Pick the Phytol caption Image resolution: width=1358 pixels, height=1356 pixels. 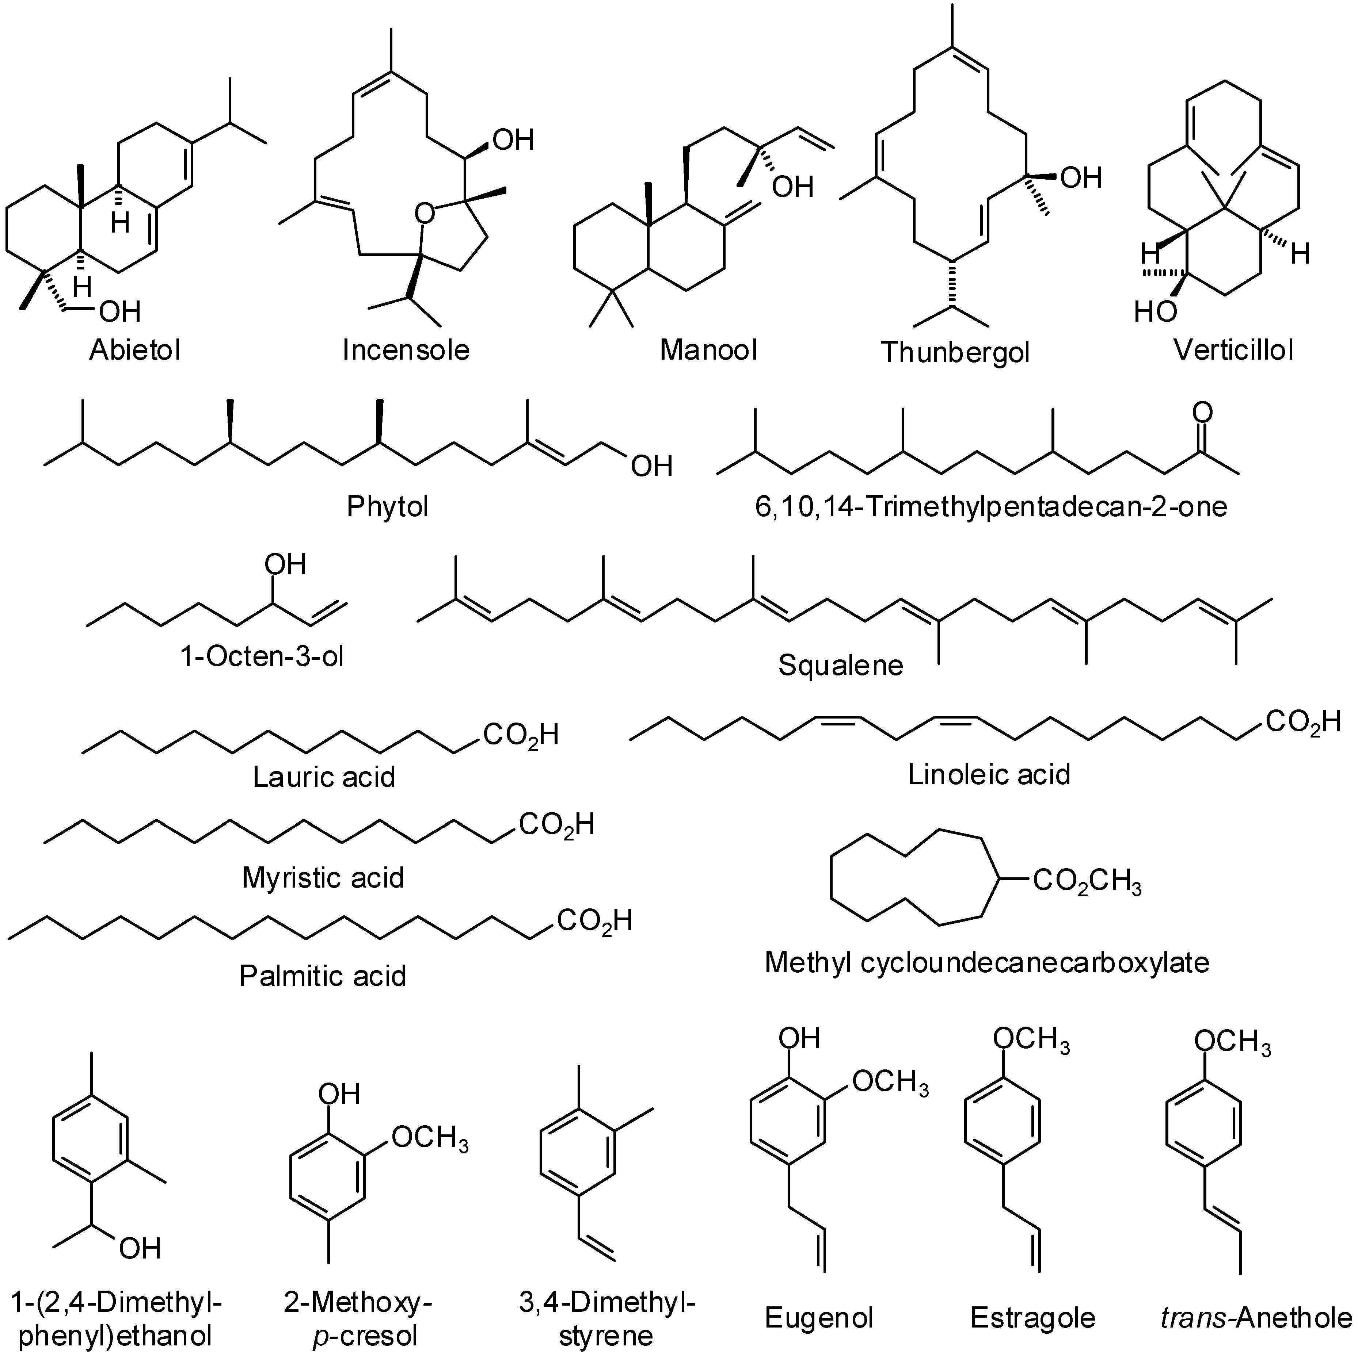(387, 506)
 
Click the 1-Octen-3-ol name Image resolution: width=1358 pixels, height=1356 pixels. (262, 657)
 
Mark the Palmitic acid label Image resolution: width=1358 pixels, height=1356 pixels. (323, 976)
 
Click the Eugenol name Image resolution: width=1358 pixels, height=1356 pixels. (819, 1317)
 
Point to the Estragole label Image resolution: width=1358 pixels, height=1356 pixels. (1032, 1317)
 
